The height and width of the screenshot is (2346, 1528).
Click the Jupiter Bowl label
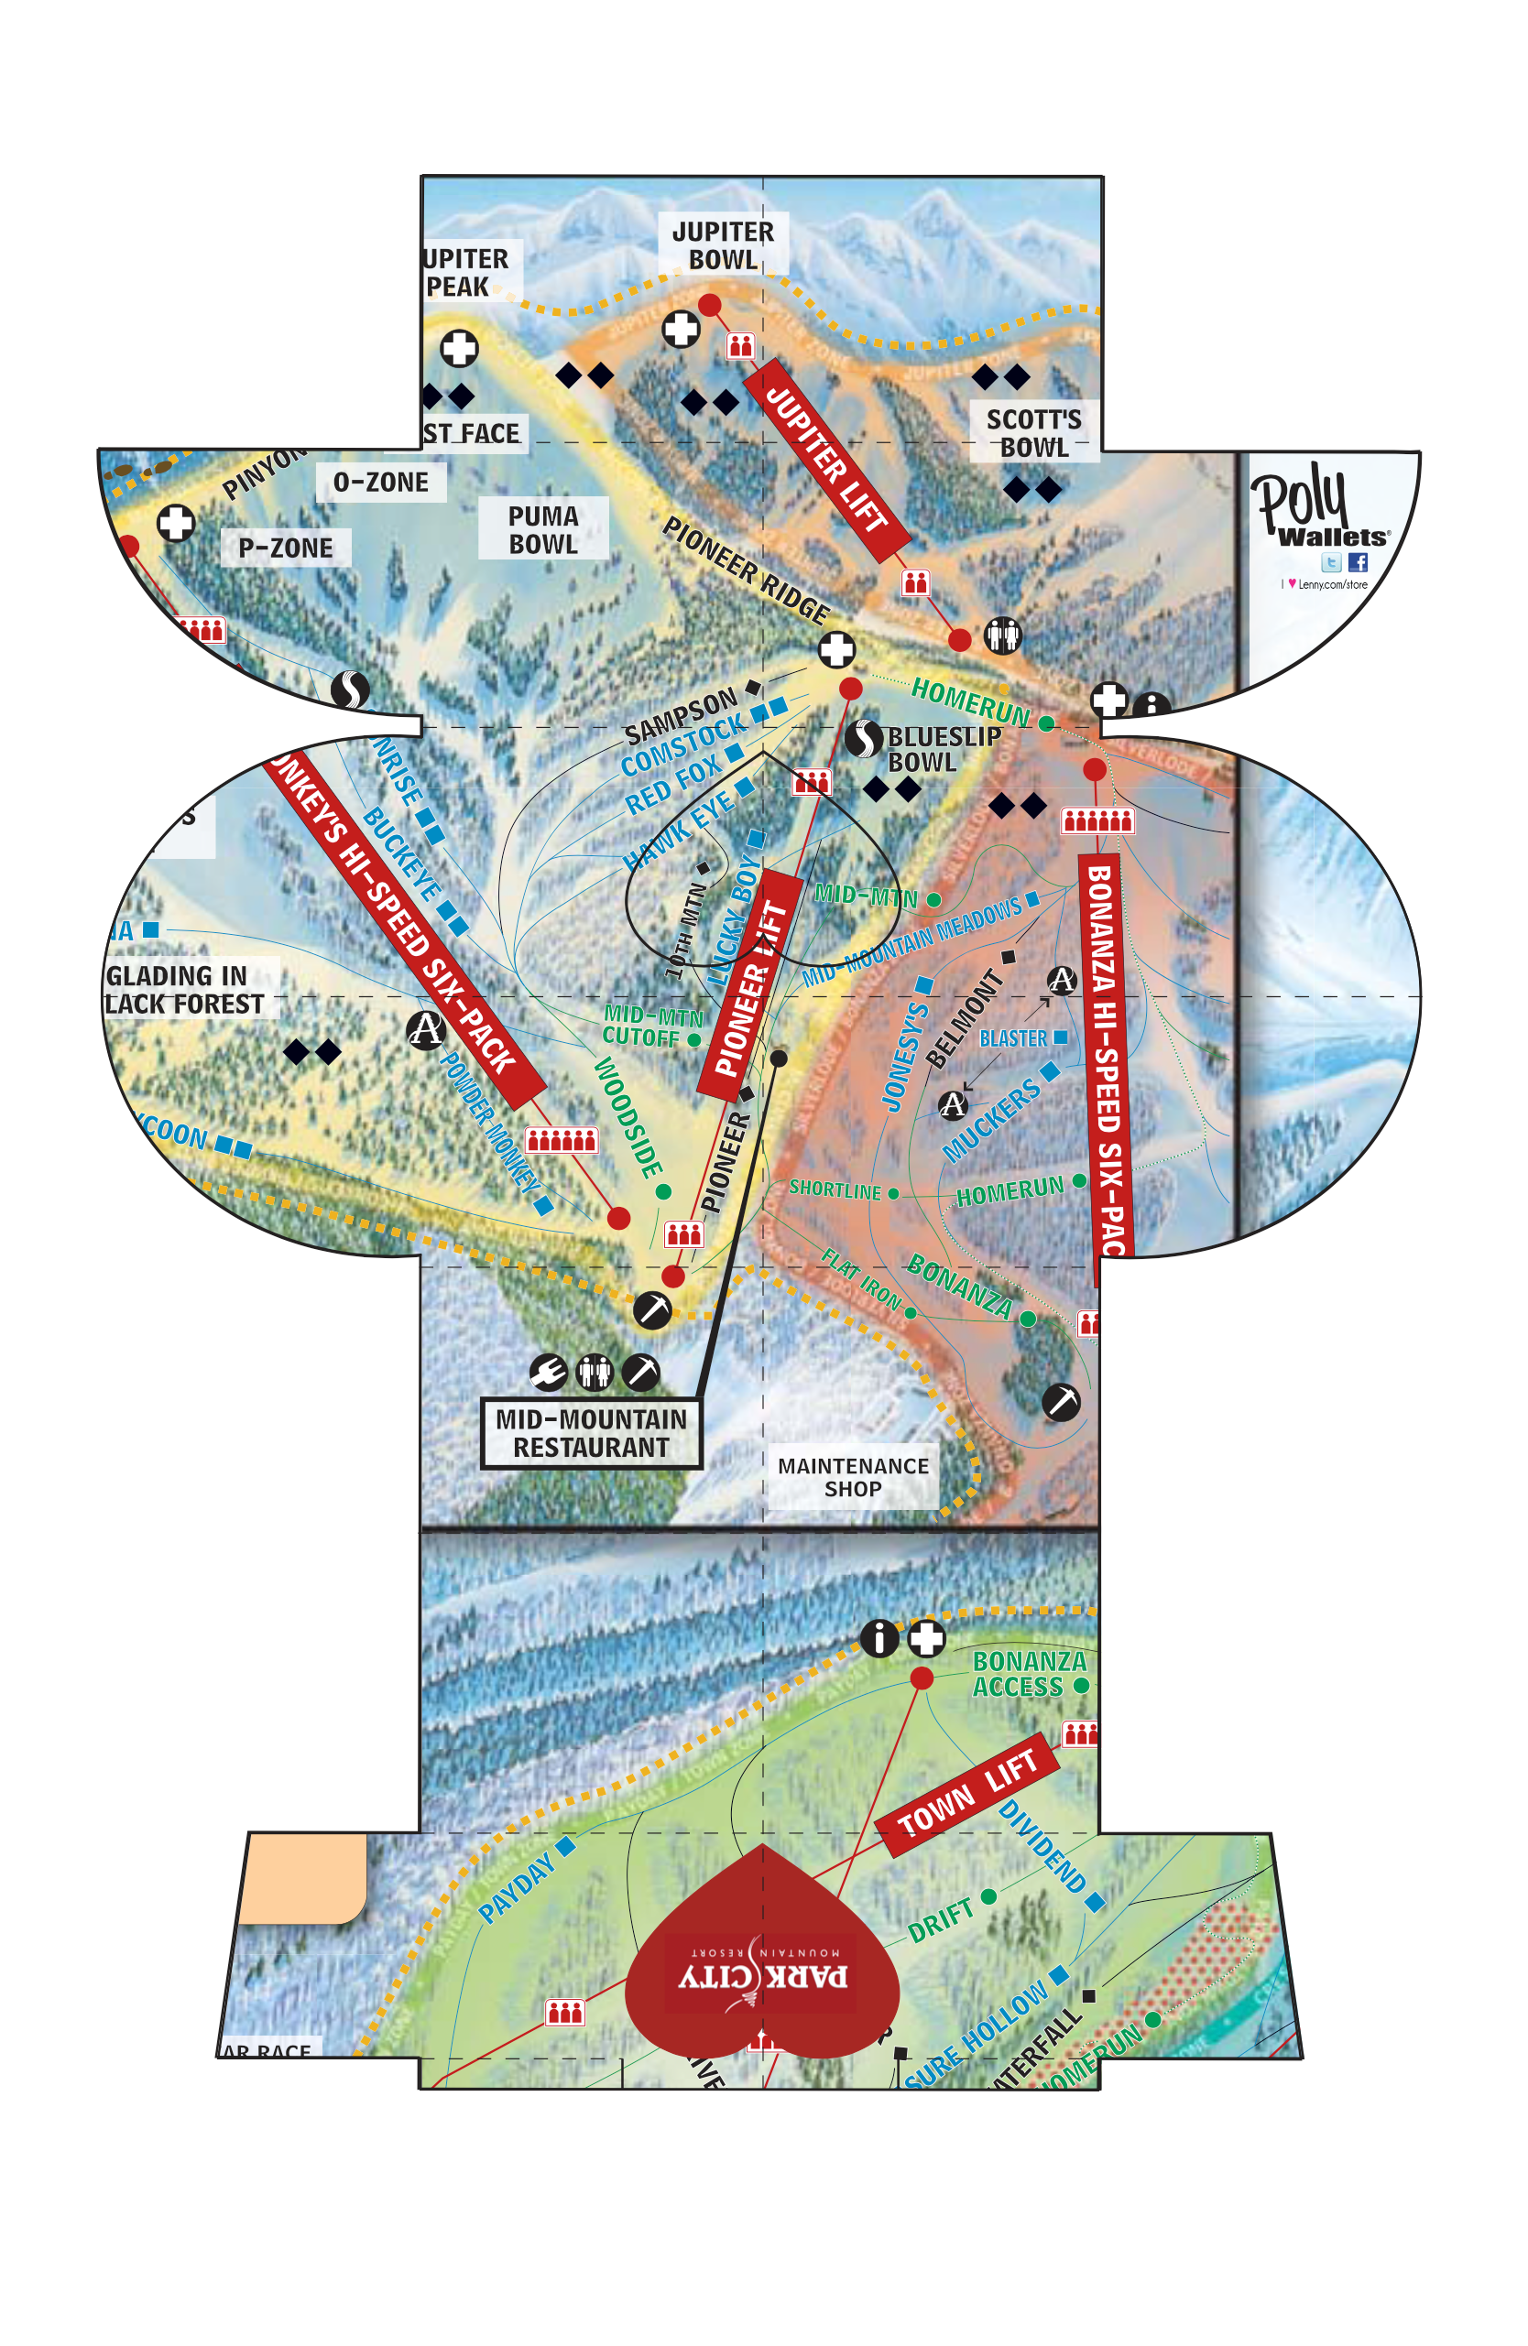tap(723, 245)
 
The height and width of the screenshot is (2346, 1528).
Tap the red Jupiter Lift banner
tap(826, 459)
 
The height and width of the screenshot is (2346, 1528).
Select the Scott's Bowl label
tap(1033, 433)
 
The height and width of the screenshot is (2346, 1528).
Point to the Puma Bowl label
tap(543, 529)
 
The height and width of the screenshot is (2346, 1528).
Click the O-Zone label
tap(380, 482)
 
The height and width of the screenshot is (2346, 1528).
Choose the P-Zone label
tap(286, 548)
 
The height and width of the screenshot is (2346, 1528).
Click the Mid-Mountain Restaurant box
tap(591, 1432)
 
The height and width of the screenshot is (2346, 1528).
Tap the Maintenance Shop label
tap(853, 1477)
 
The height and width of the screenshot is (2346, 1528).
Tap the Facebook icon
tap(1358, 562)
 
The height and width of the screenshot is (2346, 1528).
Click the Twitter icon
tap(1331, 562)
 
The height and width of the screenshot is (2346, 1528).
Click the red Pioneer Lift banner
tap(749, 985)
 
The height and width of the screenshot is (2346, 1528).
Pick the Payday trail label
tap(515, 1887)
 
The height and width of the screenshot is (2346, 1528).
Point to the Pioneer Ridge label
tap(747, 570)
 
